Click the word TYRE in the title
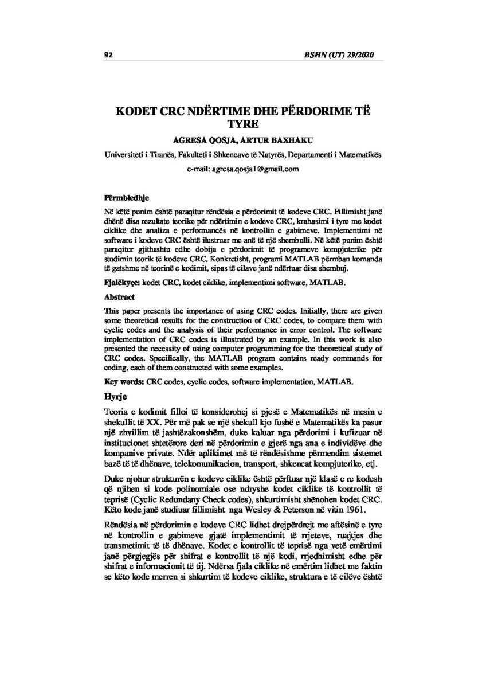click(x=243, y=124)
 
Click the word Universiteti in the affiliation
click(x=123, y=155)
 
